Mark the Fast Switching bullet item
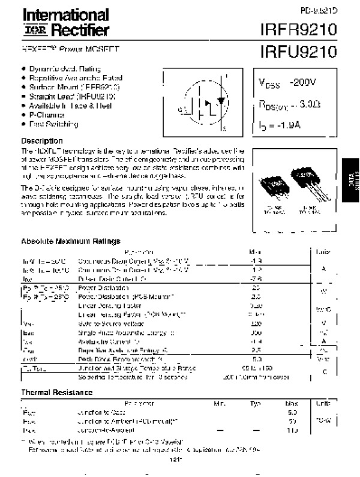coord(53,124)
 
